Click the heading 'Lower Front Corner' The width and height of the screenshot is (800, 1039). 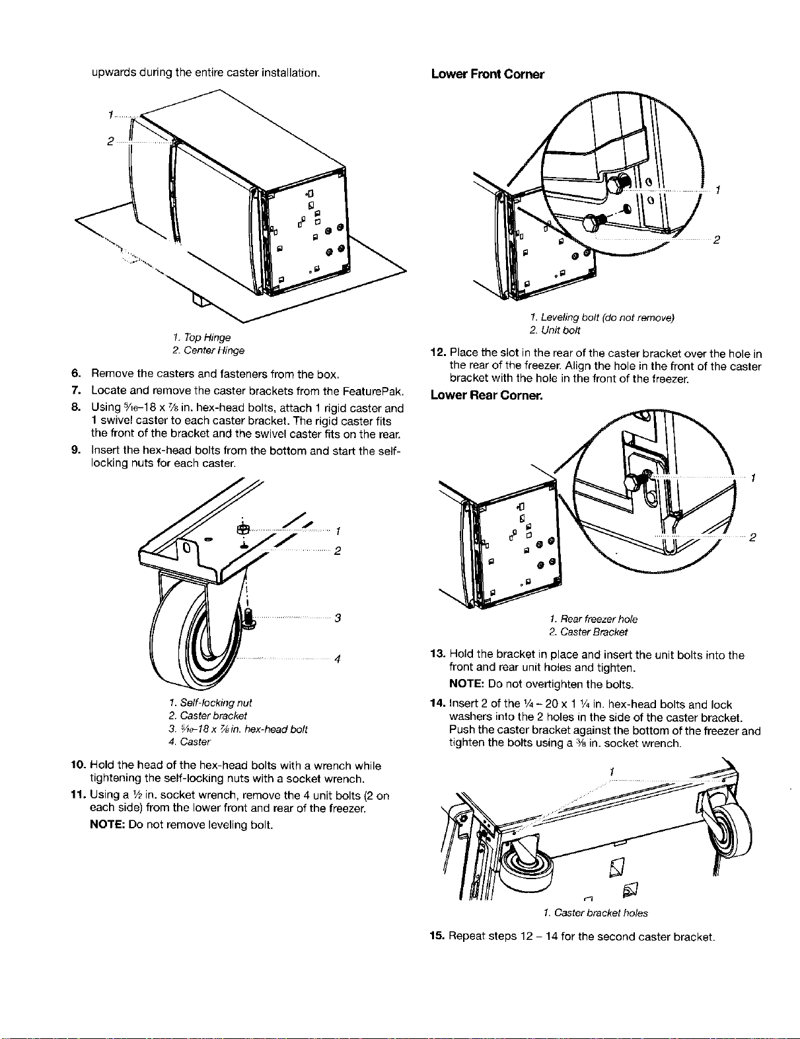pos(488,75)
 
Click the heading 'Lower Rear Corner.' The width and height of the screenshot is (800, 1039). pos(486,396)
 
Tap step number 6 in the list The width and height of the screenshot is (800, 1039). pos(75,373)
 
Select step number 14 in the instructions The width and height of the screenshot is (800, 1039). pos(438,704)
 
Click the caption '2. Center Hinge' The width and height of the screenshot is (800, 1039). pos(209,351)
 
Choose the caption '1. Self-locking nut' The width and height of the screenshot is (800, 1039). pos(210,703)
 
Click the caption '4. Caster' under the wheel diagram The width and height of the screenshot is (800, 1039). pos(190,742)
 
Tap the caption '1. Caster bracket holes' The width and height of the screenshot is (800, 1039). pos(595,914)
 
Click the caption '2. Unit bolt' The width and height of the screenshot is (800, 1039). pos(555,330)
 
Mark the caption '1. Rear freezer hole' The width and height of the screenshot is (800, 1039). pos(593,619)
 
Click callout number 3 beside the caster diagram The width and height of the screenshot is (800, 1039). pos(338,618)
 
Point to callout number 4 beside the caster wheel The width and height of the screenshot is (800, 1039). pos(338,659)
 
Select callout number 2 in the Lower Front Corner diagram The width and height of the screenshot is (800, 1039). pos(716,240)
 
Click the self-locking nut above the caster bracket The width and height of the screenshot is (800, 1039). pos(242,529)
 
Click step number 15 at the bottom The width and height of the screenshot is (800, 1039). pos(438,936)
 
